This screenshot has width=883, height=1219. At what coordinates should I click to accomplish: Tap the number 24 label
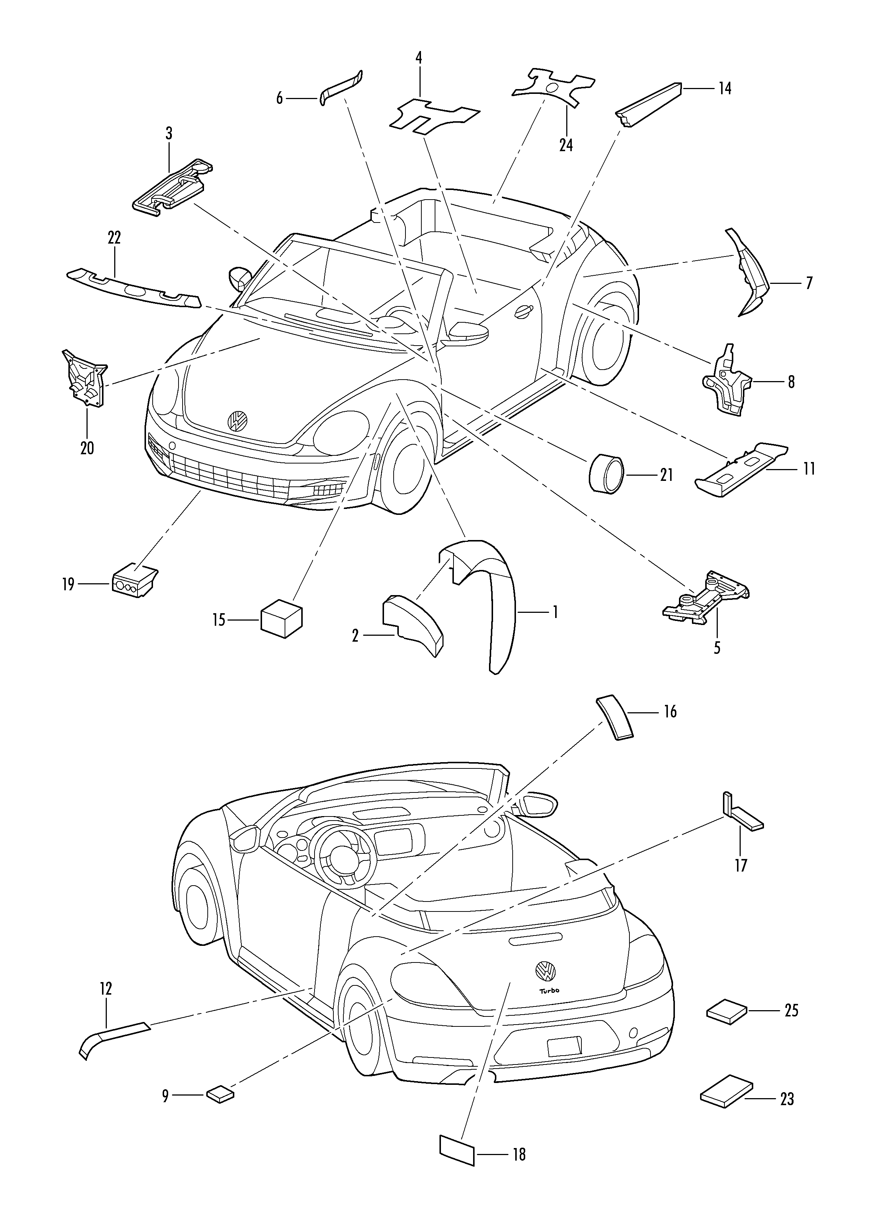coord(566,145)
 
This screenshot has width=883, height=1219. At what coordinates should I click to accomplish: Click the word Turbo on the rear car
coord(549,991)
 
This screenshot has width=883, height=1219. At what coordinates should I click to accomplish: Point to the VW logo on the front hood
coord(237,420)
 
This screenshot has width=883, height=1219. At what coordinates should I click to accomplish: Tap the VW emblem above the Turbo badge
coord(546,970)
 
